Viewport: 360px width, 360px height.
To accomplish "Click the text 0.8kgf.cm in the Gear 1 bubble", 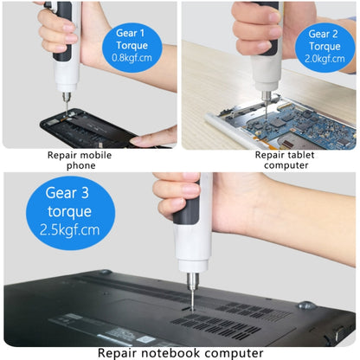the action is pyautogui.click(x=132, y=58).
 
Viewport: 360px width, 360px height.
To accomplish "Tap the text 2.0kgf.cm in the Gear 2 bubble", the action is pyautogui.click(x=325, y=59).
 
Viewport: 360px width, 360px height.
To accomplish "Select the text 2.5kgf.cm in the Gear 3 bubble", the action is pyautogui.click(x=70, y=230).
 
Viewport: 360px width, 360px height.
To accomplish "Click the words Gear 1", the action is pyautogui.click(x=130, y=33).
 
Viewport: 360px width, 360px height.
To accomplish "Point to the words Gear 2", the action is pyautogui.click(x=323, y=34).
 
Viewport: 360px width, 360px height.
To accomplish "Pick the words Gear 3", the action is pyautogui.click(x=67, y=193).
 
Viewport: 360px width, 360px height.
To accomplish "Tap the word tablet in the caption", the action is pyautogui.click(x=301, y=155).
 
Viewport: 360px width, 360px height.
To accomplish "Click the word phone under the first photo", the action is pyautogui.click(x=81, y=165).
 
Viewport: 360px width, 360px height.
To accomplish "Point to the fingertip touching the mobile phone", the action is pyautogui.click(x=136, y=141).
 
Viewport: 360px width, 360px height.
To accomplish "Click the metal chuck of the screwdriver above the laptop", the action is pyautogui.click(x=192, y=281).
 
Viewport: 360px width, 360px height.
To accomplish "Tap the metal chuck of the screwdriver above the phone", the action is pyautogui.click(x=67, y=97).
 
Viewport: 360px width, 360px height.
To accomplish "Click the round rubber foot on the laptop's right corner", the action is pyautogui.click(x=306, y=305).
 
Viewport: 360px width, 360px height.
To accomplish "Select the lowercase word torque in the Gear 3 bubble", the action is pyautogui.click(x=69, y=211).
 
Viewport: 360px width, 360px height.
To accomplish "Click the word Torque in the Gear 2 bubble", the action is pyautogui.click(x=325, y=47).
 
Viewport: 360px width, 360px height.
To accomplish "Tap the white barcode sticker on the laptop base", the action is pyautogui.click(x=146, y=338).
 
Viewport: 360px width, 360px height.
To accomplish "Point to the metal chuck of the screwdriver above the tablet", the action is pyautogui.click(x=267, y=96).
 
